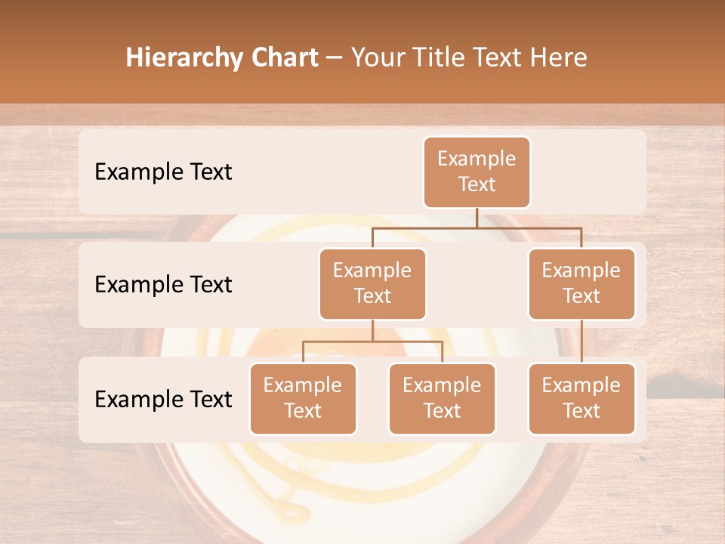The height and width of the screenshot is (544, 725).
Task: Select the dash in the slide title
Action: click(x=335, y=58)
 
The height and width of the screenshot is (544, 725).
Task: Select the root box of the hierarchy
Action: click(x=477, y=172)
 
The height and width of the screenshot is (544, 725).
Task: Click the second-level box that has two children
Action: click(x=372, y=283)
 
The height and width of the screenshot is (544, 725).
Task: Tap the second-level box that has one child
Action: click(x=582, y=283)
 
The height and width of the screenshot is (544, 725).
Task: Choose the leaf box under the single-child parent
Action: click(x=582, y=398)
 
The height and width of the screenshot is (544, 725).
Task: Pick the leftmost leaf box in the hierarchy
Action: click(x=303, y=398)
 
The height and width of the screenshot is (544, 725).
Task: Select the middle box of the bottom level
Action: click(x=442, y=398)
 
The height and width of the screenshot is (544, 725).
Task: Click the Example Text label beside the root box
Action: click(x=163, y=172)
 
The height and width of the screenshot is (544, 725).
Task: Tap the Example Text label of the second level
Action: click(x=163, y=284)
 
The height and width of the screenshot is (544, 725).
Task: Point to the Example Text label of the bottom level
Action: click(x=163, y=399)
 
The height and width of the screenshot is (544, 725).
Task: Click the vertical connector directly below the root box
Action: click(x=477, y=218)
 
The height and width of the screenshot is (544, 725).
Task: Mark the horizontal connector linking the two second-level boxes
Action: click(x=477, y=227)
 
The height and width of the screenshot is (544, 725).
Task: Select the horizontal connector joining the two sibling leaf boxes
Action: click(x=372, y=342)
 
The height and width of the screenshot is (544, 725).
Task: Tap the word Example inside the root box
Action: click(x=477, y=159)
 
